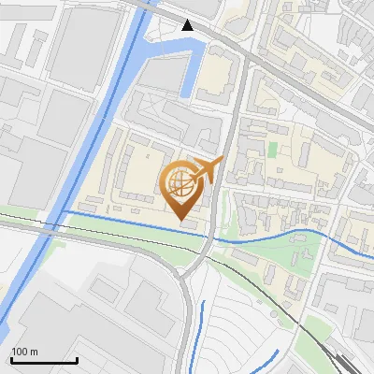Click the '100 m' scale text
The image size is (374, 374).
click(x=24, y=352)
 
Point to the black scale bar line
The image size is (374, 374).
click(x=43, y=360)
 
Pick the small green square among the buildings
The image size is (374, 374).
click(x=272, y=149)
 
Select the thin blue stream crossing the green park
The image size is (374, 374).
click(x=271, y=237)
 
